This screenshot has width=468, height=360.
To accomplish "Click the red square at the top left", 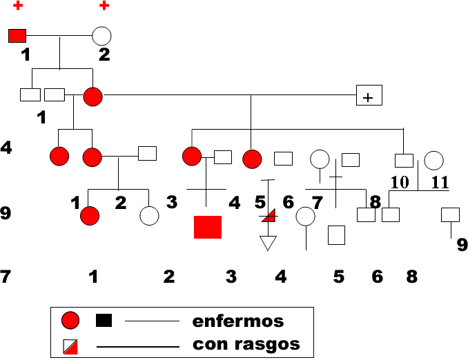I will pyautogui.click(x=17, y=35).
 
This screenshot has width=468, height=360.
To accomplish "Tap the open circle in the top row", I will pyautogui.click(x=101, y=35).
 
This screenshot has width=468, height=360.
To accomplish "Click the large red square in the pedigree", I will pyautogui.click(x=208, y=227).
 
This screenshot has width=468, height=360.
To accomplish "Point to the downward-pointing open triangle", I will pyautogui.click(x=267, y=243).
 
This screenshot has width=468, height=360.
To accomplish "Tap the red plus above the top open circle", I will pyautogui.click(x=104, y=6).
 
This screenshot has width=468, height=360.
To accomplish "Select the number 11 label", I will pyautogui.click(x=440, y=183).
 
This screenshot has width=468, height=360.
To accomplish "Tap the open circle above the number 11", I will pyautogui.click(x=433, y=161).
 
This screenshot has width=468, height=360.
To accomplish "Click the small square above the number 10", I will pyautogui.click(x=403, y=161).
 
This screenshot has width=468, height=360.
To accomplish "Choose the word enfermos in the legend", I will pyautogui.click(x=238, y=321).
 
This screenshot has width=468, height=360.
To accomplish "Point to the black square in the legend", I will pyautogui.click(x=104, y=320).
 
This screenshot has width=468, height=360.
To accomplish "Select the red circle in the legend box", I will pyautogui.click(x=70, y=321).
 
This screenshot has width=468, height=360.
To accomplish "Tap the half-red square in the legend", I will pyautogui.click(x=70, y=346).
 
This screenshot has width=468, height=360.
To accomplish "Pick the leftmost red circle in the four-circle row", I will pyautogui.click(x=60, y=157).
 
